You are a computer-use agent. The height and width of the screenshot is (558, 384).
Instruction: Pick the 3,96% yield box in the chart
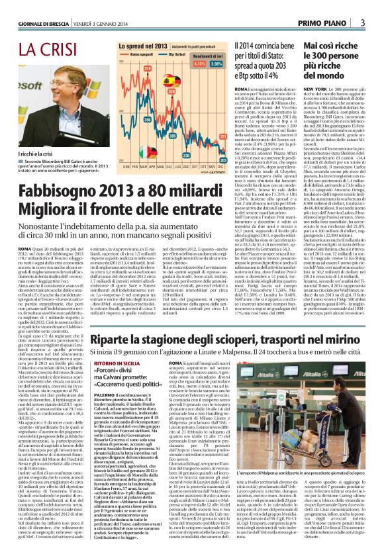click(215, 65)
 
